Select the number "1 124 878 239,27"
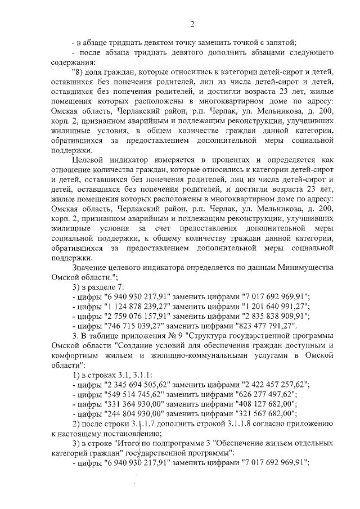click(134, 306)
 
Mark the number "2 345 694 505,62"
click(134, 384)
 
